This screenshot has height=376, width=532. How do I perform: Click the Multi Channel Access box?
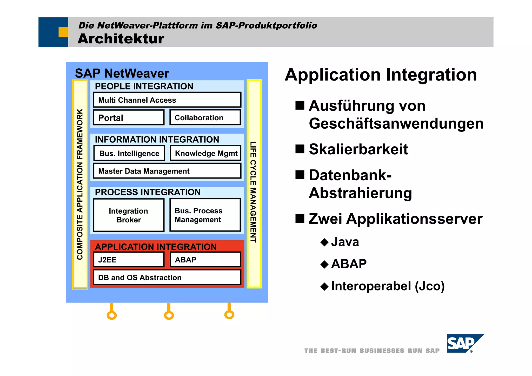coord(167,100)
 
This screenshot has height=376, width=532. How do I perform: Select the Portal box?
coord(129,118)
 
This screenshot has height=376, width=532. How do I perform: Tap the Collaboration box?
coord(205,117)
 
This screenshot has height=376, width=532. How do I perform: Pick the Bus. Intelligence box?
coord(129,153)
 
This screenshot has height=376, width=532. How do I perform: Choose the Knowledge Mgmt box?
coord(206,153)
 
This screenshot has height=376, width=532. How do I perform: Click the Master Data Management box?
coord(167,171)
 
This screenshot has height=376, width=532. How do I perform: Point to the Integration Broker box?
coord(129,215)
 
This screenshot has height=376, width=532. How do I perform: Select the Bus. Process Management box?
coord(205,215)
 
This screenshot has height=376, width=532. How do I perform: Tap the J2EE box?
coord(129,260)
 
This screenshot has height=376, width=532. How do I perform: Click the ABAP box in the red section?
coord(205,260)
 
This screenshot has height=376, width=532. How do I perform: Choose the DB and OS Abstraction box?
coord(167,277)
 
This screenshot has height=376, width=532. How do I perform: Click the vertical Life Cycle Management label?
coord(253,192)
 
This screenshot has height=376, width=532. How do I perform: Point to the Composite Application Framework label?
coord(80,184)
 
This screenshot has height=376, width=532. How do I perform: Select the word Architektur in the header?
coord(121,39)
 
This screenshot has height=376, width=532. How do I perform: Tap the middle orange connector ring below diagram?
coord(169,315)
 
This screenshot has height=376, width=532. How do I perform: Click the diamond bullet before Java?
coord(325,242)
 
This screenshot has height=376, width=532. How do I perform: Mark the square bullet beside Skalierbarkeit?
coord(300,149)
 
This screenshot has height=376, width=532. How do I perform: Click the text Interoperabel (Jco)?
coord(388,286)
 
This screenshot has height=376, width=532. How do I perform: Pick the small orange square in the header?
coord(63,32)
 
